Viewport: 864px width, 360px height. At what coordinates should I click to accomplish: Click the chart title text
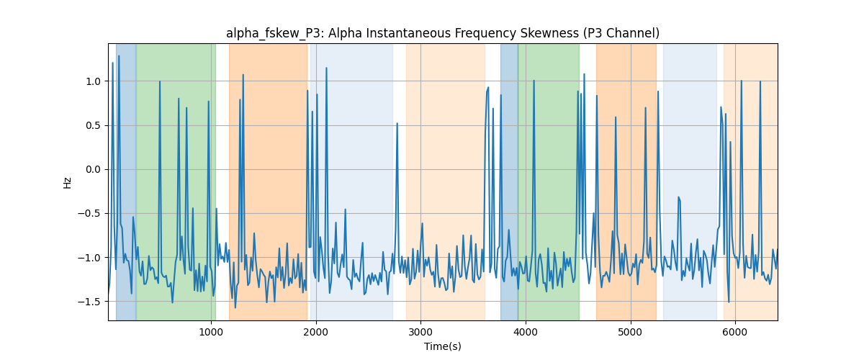(x=443, y=34)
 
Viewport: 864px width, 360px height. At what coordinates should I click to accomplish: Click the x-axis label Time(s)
(x=443, y=346)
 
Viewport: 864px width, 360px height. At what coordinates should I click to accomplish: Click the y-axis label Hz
(x=68, y=182)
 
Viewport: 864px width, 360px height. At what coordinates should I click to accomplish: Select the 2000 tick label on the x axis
(x=316, y=332)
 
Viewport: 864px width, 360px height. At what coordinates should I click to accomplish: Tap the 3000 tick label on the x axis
(x=420, y=332)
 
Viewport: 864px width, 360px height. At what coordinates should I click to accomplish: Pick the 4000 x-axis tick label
(x=526, y=332)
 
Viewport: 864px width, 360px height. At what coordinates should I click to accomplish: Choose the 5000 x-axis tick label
(x=630, y=332)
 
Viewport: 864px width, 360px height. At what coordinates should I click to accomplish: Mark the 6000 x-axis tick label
(x=735, y=332)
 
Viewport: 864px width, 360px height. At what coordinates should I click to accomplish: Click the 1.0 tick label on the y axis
(x=93, y=81)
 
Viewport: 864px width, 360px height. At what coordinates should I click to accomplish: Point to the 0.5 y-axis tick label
(x=93, y=126)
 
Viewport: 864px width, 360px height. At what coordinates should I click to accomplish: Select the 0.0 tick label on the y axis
(x=93, y=170)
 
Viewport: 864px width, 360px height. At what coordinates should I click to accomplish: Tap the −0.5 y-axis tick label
(x=89, y=214)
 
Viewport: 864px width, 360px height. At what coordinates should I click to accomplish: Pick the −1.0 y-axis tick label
(x=89, y=258)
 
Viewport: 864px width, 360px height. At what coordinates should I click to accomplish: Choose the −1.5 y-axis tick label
(x=89, y=302)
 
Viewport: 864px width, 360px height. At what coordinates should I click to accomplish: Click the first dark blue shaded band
(x=126, y=181)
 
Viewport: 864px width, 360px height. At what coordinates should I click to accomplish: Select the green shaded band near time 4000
(x=549, y=181)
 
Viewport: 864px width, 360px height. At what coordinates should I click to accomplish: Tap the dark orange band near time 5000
(x=626, y=181)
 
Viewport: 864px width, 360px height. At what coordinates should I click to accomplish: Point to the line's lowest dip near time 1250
(x=235, y=307)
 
